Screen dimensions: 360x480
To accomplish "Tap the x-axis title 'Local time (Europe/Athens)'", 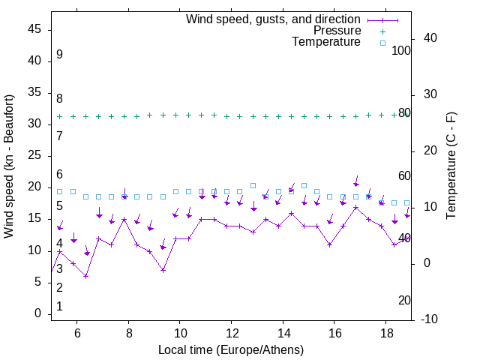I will pos(231,350).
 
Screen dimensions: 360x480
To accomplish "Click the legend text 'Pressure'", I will pos(337,31).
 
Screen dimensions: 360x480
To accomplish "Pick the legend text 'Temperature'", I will pos(326,43).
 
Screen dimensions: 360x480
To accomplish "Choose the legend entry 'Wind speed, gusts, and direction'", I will pos(274,19).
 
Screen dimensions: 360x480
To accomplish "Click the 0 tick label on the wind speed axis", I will pos(39,313).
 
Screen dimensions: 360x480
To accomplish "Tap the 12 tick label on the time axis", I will pos(231,333).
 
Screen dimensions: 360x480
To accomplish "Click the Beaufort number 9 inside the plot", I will pos(59,55).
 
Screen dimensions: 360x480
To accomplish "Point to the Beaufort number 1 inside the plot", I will pos(59,307).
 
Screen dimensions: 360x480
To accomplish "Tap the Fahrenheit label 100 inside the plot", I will pos(401,50).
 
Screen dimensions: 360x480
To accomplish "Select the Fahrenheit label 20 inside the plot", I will pos(404,300).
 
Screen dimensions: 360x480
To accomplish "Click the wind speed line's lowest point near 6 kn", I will pos(86,276).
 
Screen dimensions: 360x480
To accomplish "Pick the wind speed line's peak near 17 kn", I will pos(356,207).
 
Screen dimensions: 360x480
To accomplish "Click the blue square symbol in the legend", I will pos(382,43).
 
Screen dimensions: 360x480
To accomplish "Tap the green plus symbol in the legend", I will pos(382,31).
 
